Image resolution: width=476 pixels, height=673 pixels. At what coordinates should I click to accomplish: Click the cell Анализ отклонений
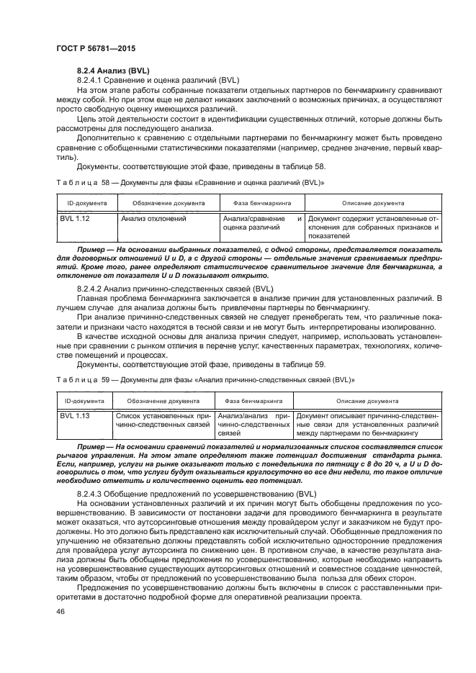(154, 217)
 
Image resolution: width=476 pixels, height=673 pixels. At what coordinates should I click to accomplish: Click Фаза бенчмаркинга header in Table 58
(262, 203)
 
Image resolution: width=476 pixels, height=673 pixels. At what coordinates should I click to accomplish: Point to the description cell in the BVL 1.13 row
(367, 425)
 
